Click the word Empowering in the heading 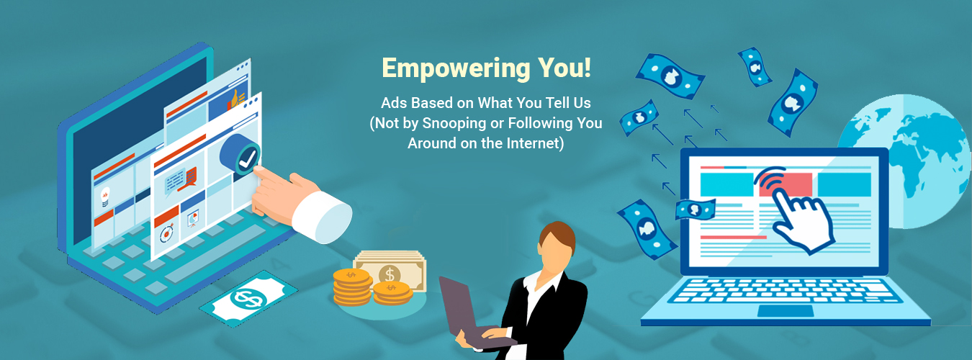(x=456, y=69)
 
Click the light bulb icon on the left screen (x=105, y=197)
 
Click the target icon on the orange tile (x=166, y=234)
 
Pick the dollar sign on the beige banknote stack (x=390, y=274)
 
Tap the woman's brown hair (x=560, y=235)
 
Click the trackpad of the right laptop (x=786, y=311)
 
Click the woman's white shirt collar (x=539, y=281)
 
